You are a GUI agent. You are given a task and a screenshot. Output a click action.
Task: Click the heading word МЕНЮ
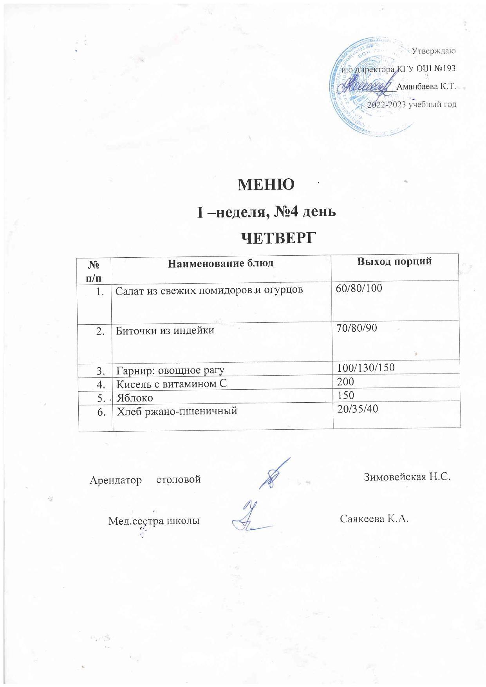point(266,185)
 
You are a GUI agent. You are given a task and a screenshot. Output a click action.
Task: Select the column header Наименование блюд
point(220,263)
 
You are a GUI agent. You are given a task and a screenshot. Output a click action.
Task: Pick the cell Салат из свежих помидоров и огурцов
point(209,291)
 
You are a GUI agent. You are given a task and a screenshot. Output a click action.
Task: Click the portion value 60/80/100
point(359,289)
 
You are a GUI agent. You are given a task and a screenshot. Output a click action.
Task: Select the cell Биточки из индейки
point(164,331)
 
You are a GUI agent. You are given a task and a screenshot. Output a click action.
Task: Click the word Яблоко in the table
point(135,398)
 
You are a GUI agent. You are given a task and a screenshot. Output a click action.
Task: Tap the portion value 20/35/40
point(357,409)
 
